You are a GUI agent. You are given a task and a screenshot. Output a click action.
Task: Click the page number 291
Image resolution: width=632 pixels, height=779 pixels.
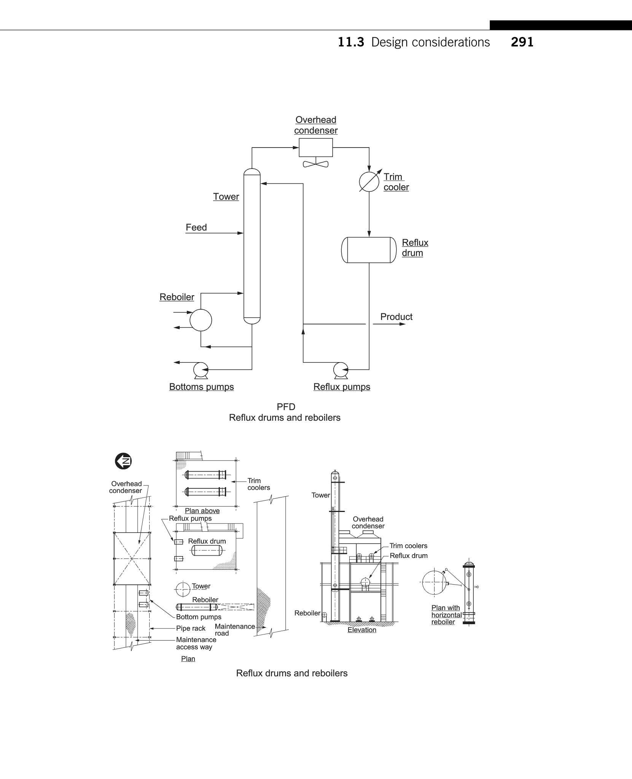point(522,42)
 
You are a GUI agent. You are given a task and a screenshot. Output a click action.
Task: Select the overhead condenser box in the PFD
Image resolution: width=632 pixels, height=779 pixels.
point(315,148)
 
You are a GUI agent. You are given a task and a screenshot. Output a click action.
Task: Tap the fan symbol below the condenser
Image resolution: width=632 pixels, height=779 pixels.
point(315,164)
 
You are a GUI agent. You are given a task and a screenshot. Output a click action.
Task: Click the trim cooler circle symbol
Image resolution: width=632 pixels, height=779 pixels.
point(369,182)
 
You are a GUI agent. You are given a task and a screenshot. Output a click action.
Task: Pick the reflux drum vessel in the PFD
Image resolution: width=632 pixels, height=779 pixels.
point(369,250)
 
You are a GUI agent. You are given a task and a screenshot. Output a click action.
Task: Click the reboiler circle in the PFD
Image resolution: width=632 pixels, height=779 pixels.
point(201,320)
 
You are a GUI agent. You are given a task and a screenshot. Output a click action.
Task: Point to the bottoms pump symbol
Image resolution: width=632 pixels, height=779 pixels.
point(200,369)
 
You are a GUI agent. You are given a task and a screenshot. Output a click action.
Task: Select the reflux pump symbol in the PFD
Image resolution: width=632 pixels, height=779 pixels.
point(341,369)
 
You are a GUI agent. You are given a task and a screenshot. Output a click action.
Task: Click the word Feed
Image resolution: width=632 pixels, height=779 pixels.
point(196,227)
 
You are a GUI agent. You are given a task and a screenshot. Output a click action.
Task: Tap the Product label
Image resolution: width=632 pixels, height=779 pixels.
point(396,317)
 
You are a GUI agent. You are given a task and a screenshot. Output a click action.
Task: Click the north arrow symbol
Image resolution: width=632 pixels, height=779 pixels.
point(123,461)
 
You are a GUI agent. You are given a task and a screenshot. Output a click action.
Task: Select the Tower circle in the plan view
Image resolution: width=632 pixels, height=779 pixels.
point(183,590)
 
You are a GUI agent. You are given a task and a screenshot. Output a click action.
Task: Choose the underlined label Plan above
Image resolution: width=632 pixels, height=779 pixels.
point(202,511)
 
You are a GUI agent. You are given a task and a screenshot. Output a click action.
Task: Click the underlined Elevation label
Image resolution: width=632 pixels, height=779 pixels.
point(361,630)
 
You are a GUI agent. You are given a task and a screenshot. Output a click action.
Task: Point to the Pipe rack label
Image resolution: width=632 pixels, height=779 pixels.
point(191,628)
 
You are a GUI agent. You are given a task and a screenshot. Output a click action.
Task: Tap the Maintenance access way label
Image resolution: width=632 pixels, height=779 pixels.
point(196,643)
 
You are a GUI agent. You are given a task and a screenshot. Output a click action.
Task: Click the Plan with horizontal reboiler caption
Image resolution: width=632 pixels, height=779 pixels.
point(446,615)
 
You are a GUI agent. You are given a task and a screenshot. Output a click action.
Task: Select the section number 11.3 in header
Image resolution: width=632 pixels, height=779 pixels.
point(351,42)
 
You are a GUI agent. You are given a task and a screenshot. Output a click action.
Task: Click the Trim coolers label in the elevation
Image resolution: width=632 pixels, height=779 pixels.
point(408,546)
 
